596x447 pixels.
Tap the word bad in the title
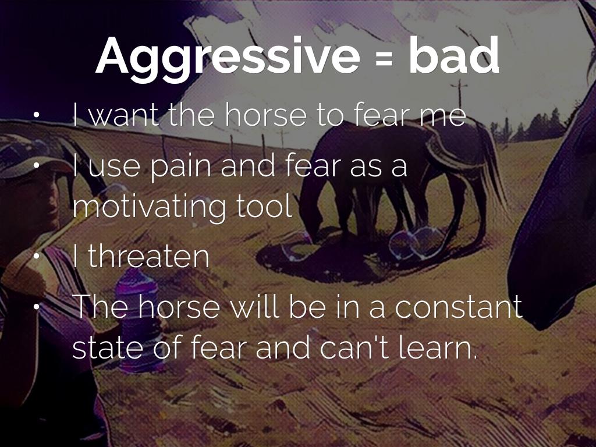click(x=453, y=55)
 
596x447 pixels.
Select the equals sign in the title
click(x=384, y=59)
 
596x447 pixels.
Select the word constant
click(x=459, y=306)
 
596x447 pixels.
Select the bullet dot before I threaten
click(x=37, y=256)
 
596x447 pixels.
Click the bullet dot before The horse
click(x=37, y=306)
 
